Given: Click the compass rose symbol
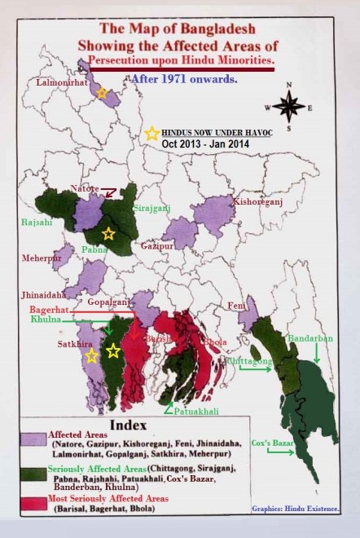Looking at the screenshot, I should (x=288, y=106).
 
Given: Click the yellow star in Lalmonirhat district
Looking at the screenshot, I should (x=102, y=93).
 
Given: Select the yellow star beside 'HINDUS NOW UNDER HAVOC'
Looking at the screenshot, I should (x=151, y=134).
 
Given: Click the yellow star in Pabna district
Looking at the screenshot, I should (x=108, y=234).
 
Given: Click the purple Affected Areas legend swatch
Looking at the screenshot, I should (x=36, y=441).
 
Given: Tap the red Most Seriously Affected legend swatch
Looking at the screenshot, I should (x=36, y=500).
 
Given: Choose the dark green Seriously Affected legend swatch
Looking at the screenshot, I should (x=36, y=471).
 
